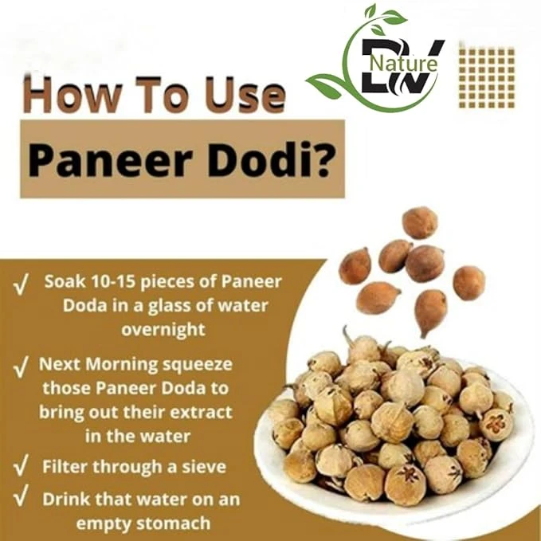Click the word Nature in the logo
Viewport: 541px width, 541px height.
404,64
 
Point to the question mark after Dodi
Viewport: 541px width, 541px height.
322,159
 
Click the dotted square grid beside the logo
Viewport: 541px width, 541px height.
487,77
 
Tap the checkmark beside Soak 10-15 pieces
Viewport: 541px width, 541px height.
21,284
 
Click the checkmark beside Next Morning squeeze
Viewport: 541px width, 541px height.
21,368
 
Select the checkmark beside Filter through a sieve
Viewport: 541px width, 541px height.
21,466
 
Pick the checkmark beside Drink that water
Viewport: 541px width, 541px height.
21,500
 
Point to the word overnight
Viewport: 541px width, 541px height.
163,330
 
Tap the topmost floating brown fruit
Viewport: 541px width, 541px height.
420,222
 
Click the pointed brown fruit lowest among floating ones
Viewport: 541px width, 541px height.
430,312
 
